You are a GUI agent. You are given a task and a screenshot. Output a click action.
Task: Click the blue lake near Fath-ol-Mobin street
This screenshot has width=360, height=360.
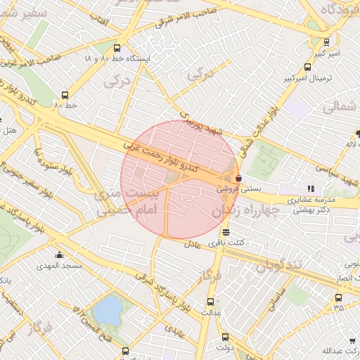point(107,310)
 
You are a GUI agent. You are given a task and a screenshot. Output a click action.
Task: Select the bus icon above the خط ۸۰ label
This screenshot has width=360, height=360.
point(65,95)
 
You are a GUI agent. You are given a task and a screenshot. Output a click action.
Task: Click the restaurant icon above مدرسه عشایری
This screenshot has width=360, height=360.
point(311,188)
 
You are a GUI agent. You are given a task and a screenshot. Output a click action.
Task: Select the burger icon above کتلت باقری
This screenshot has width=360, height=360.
point(225,232)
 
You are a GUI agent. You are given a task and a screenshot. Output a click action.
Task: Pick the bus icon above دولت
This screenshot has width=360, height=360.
point(225,336)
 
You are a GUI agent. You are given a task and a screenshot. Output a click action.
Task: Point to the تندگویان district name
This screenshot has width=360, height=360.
point(278,266)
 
